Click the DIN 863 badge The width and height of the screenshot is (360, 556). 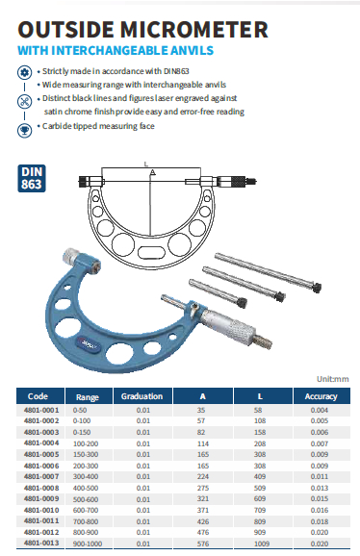tap(32, 178)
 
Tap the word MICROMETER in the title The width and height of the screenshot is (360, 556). tap(194, 30)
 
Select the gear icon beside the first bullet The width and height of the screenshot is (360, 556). tap(24, 73)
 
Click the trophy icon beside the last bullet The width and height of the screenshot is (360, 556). tap(24, 131)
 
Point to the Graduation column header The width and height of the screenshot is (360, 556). tap(141, 396)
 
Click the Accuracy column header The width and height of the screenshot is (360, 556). tap(321, 396)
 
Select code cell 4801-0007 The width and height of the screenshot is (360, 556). tap(41, 476)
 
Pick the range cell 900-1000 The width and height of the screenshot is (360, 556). tap(88, 543)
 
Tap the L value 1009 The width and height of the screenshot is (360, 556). tap(262, 543)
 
